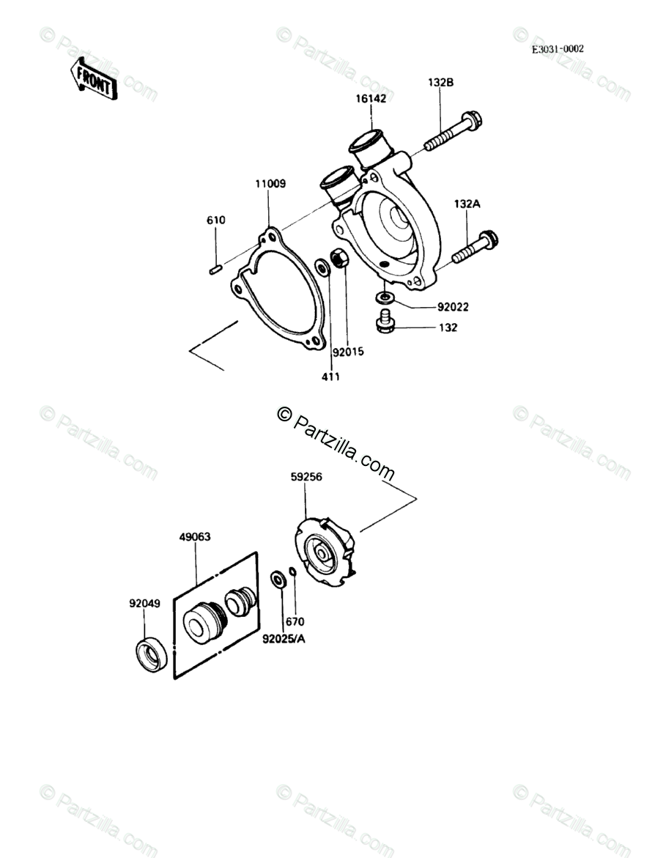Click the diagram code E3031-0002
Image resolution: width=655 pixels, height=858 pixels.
(558, 49)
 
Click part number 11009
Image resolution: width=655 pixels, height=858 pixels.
(270, 184)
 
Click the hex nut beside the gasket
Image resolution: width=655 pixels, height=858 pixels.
(339, 259)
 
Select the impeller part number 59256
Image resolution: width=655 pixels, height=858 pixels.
(307, 476)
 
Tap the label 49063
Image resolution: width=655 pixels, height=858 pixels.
(196, 536)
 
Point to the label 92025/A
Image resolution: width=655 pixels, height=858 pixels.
(284, 638)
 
